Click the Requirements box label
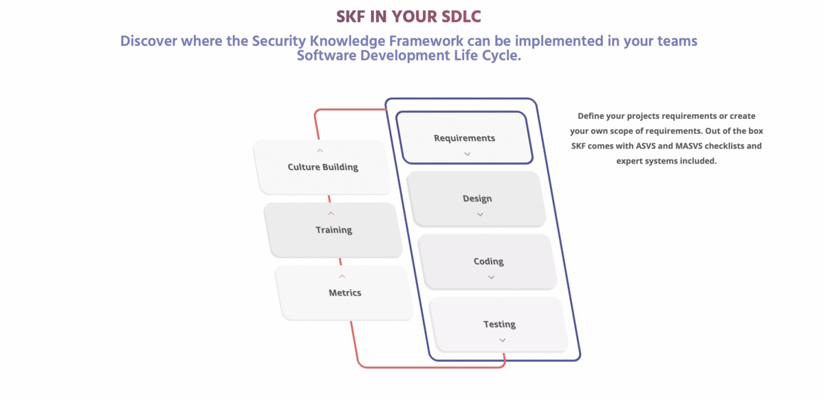pyautogui.click(x=464, y=138)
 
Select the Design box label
pyautogui.click(x=477, y=199)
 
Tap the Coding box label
pyautogui.click(x=488, y=262)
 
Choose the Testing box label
pyautogui.click(x=499, y=324)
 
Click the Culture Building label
pyautogui.click(x=322, y=167)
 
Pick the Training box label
pyautogui.click(x=333, y=230)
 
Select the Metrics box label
pyautogui.click(x=344, y=293)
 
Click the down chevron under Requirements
pyautogui.click(x=467, y=154)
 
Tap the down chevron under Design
pyautogui.click(x=480, y=214)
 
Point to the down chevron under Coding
pyautogui.click(x=491, y=278)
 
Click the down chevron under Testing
pyautogui.click(x=502, y=340)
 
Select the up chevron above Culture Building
pyautogui.click(x=320, y=151)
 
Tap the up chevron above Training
pyautogui.click(x=331, y=214)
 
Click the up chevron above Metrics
pyautogui.click(x=342, y=276)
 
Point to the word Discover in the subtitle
pyautogui.click(x=148, y=41)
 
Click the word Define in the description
pyautogui.click(x=591, y=115)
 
